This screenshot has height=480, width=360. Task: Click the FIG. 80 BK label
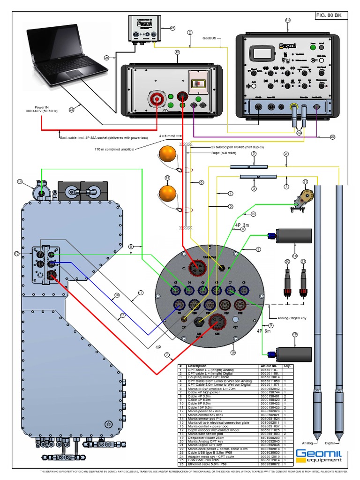(329, 15)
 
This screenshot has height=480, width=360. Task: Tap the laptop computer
(66, 56)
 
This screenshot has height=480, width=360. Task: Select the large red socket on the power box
(157, 99)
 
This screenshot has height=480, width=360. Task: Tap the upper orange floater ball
(167, 155)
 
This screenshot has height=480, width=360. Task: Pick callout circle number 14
(20, 181)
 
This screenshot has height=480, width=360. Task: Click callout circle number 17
(305, 181)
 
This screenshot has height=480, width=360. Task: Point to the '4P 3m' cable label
(243, 225)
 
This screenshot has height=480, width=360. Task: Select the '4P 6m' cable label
(264, 330)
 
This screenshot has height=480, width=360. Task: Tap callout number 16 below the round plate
(233, 352)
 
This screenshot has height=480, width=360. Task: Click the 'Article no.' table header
(269, 366)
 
